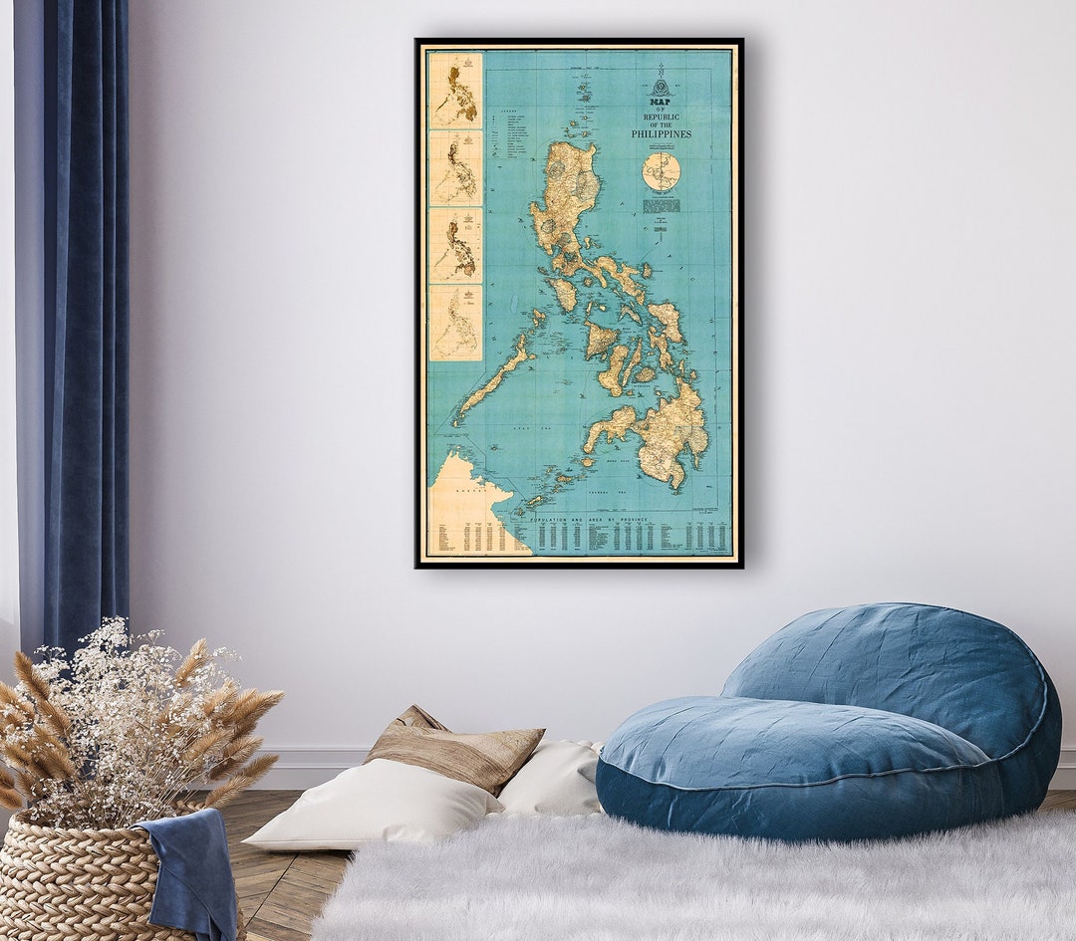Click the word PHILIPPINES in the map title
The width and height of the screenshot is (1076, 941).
[x=661, y=133]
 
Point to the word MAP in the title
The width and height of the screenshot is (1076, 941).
[x=660, y=101]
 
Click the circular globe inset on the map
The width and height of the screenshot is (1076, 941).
[x=661, y=171]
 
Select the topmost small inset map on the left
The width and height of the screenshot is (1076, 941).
[x=455, y=90]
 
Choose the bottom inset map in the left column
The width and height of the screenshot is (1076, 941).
[x=455, y=323]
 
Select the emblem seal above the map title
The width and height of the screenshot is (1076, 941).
[x=660, y=84]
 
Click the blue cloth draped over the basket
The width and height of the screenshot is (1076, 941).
[x=189, y=866]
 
